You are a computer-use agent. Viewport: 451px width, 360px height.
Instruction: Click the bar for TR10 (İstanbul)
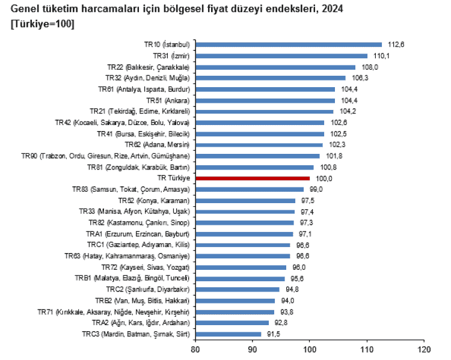[289, 44]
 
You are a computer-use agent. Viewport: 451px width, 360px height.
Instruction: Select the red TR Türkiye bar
[253, 178]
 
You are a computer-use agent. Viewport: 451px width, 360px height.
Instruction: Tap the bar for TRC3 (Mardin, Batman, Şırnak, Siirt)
[228, 334]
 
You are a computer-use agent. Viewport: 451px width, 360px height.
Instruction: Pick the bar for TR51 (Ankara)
[265, 100]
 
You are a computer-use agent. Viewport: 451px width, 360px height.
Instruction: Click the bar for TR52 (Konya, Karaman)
[245, 200]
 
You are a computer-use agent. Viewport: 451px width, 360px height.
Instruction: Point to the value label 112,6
[395, 44]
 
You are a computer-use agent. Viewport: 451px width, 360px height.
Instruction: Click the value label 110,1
[381, 56]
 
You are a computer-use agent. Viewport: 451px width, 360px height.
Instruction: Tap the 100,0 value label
[323, 178]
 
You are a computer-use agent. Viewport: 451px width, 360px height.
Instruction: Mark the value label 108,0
[369, 67]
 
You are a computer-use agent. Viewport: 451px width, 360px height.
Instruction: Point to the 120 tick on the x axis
[424, 349]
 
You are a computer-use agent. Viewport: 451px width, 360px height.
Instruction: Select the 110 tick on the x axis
[367, 349]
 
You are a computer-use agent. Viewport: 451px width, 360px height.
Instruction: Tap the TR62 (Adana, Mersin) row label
[157, 145]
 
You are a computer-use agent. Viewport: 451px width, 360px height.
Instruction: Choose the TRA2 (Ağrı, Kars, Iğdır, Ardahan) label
[139, 323]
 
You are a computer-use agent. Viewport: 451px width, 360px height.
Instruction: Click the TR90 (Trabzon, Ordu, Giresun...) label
[114, 156]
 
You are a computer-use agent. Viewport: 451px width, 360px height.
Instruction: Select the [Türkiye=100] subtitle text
[43, 23]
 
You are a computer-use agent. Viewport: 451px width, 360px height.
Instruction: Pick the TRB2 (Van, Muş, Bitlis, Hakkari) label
[142, 301]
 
